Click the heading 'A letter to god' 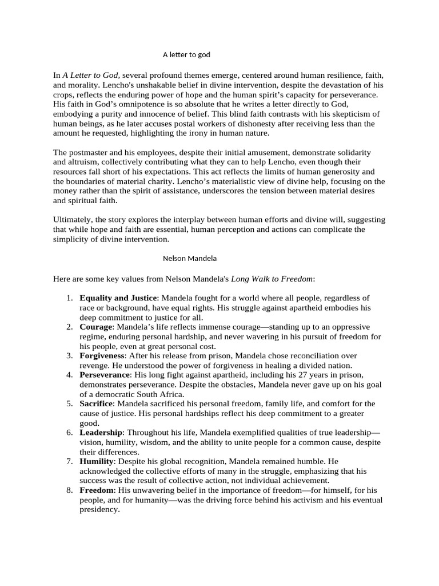(x=186, y=54)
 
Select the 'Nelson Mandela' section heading (x=190, y=258)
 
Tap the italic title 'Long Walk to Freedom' (x=272, y=279)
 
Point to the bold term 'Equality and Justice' (x=118, y=298)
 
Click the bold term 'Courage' (x=97, y=327)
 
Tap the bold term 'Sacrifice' (x=98, y=403)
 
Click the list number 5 (x=68, y=403)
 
